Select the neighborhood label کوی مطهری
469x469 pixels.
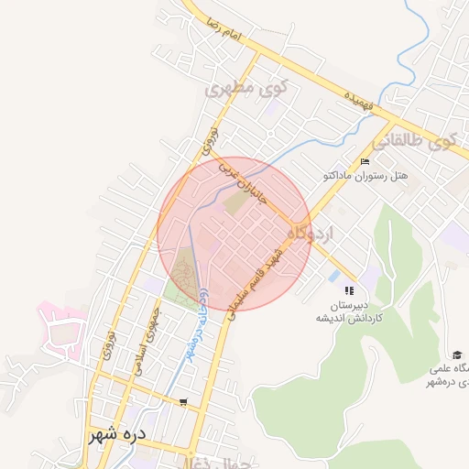(245, 90)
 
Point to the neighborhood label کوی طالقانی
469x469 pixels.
(414, 142)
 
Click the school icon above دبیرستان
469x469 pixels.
(348, 290)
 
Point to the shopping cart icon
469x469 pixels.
(183, 402)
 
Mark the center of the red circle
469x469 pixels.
(235, 234)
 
